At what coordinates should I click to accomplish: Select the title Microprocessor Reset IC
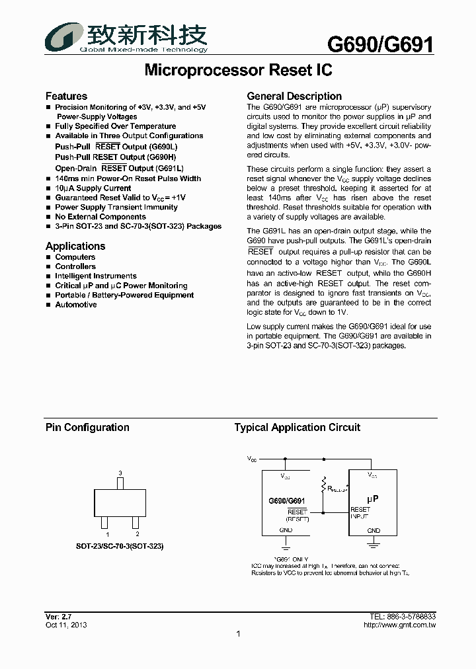click(237, 70)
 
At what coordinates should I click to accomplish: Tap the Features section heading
click(66, 97)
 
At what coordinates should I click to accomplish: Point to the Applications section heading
click(75, 246)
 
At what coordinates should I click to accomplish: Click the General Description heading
click(294, 97)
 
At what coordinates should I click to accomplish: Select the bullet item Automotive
click(75, 305)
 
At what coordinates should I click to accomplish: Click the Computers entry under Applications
click(75, 257)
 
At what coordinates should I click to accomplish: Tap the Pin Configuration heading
click(87, 428)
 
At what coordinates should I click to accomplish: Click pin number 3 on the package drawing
click(120, 473)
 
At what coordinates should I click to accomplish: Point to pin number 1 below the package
click(103, 534)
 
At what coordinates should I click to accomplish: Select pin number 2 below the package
click(137, 534)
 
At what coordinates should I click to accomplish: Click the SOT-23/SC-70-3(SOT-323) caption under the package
click(120, 547)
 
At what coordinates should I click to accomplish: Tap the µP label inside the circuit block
click(373, 499)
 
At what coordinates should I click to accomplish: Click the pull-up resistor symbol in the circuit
click(323, 487)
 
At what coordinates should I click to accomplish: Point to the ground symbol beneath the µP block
click(374, 543)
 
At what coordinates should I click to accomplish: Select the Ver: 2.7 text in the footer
click(58, 616)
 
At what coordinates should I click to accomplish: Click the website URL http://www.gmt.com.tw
click(399, 625)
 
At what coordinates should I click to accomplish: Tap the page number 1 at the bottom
click(238, 635)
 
